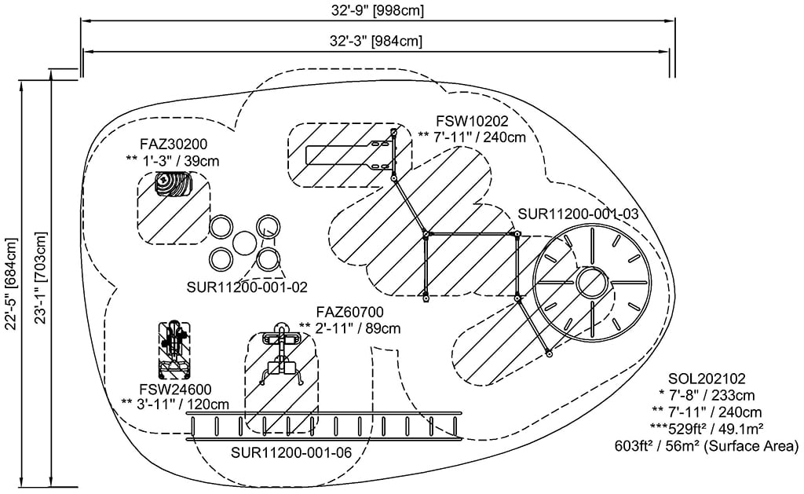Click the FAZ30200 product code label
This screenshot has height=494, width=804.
(174, 145)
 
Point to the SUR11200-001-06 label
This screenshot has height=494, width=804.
(291, 453)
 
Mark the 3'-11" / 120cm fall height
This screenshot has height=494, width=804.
(175, 404)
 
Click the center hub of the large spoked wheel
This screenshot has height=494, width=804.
(590, 281)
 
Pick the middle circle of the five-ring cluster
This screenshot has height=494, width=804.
(244, 243)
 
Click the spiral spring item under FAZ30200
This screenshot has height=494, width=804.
(174, 185)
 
